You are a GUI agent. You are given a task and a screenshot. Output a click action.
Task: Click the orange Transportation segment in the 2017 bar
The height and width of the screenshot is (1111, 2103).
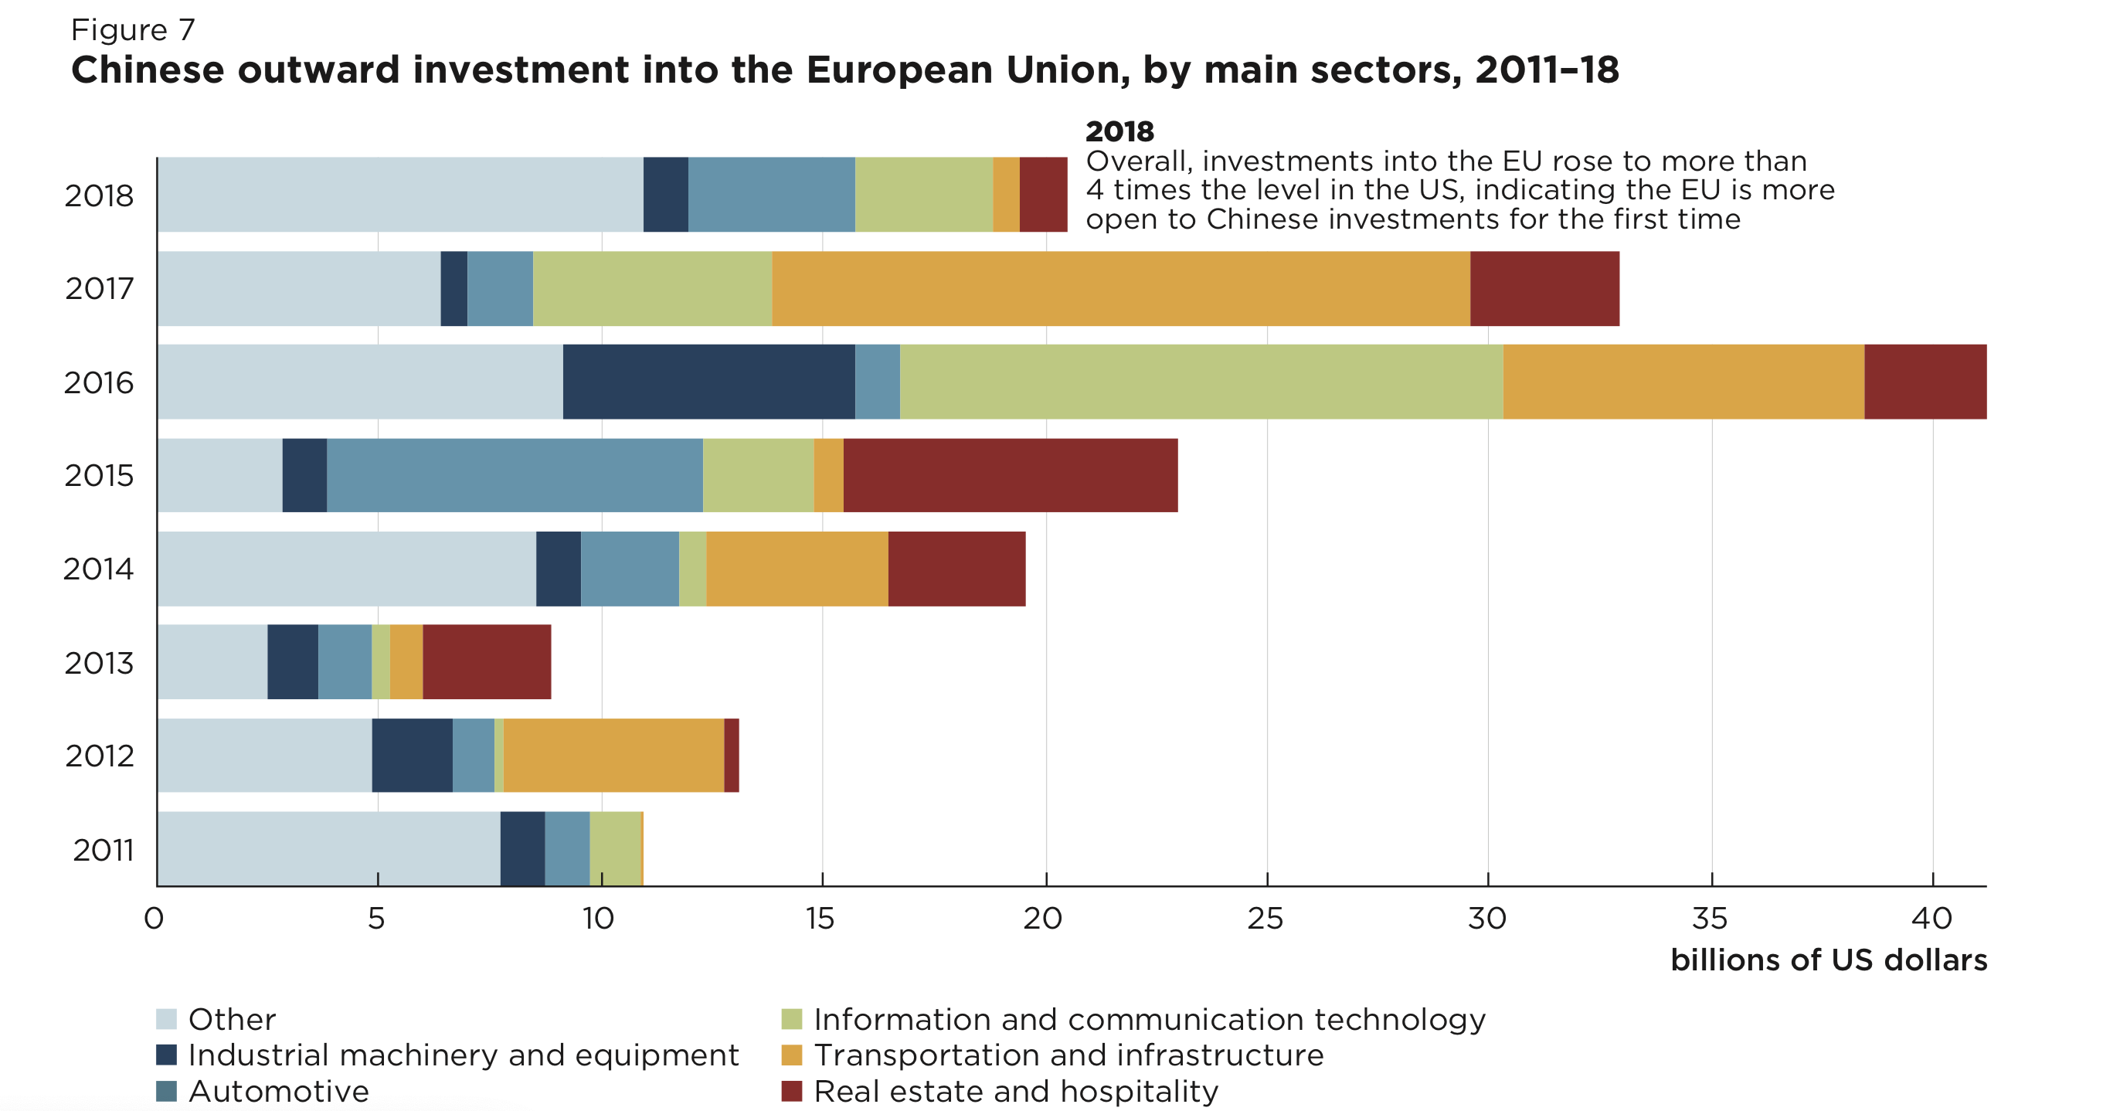coord(1120,288)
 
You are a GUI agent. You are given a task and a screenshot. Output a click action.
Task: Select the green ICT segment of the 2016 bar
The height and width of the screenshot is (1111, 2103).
coord(1201,381)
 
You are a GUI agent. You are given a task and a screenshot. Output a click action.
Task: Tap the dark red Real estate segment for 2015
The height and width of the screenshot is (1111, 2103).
coord(1010,475)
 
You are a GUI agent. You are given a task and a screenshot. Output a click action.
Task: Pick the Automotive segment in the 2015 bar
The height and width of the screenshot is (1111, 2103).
coord(515,475)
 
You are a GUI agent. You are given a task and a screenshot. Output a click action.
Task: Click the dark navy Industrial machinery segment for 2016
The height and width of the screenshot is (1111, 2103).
coord(708,381)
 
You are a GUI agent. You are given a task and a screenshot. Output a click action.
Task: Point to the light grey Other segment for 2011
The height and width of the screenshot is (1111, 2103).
coord(328,848)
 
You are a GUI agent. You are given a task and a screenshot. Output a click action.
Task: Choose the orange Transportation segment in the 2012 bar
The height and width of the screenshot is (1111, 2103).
coord(613,755)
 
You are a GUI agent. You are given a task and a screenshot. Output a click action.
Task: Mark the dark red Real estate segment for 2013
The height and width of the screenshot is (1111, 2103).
coord(487,661)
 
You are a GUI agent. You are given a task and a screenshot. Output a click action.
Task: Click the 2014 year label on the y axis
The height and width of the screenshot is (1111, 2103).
coord(98,569)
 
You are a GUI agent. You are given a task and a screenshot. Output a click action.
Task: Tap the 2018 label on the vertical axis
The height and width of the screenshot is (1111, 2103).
coord(99,196)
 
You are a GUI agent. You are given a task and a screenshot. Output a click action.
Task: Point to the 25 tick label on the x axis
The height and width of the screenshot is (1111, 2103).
coord(1265,919)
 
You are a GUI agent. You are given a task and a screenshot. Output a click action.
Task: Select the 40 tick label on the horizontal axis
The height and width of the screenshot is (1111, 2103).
coord(1931,919)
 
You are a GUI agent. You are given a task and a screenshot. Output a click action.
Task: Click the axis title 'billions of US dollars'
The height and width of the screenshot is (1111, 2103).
coord(1828,960)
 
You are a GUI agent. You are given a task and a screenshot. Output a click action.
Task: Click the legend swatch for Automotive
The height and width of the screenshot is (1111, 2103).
coord(167,1091)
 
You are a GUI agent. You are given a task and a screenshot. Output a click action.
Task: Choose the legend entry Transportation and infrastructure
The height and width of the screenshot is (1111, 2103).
coord(1068,1055)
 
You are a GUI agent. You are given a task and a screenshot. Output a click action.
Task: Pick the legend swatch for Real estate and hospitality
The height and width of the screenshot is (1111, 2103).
coord(791,1091)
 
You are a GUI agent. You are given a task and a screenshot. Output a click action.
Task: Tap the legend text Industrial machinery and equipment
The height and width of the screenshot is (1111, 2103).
coord(463,1055)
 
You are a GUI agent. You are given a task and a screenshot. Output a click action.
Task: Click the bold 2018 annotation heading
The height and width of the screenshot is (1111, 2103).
coord(1119,131)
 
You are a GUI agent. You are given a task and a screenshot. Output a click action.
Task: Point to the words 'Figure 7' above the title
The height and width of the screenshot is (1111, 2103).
coord(133,30)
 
